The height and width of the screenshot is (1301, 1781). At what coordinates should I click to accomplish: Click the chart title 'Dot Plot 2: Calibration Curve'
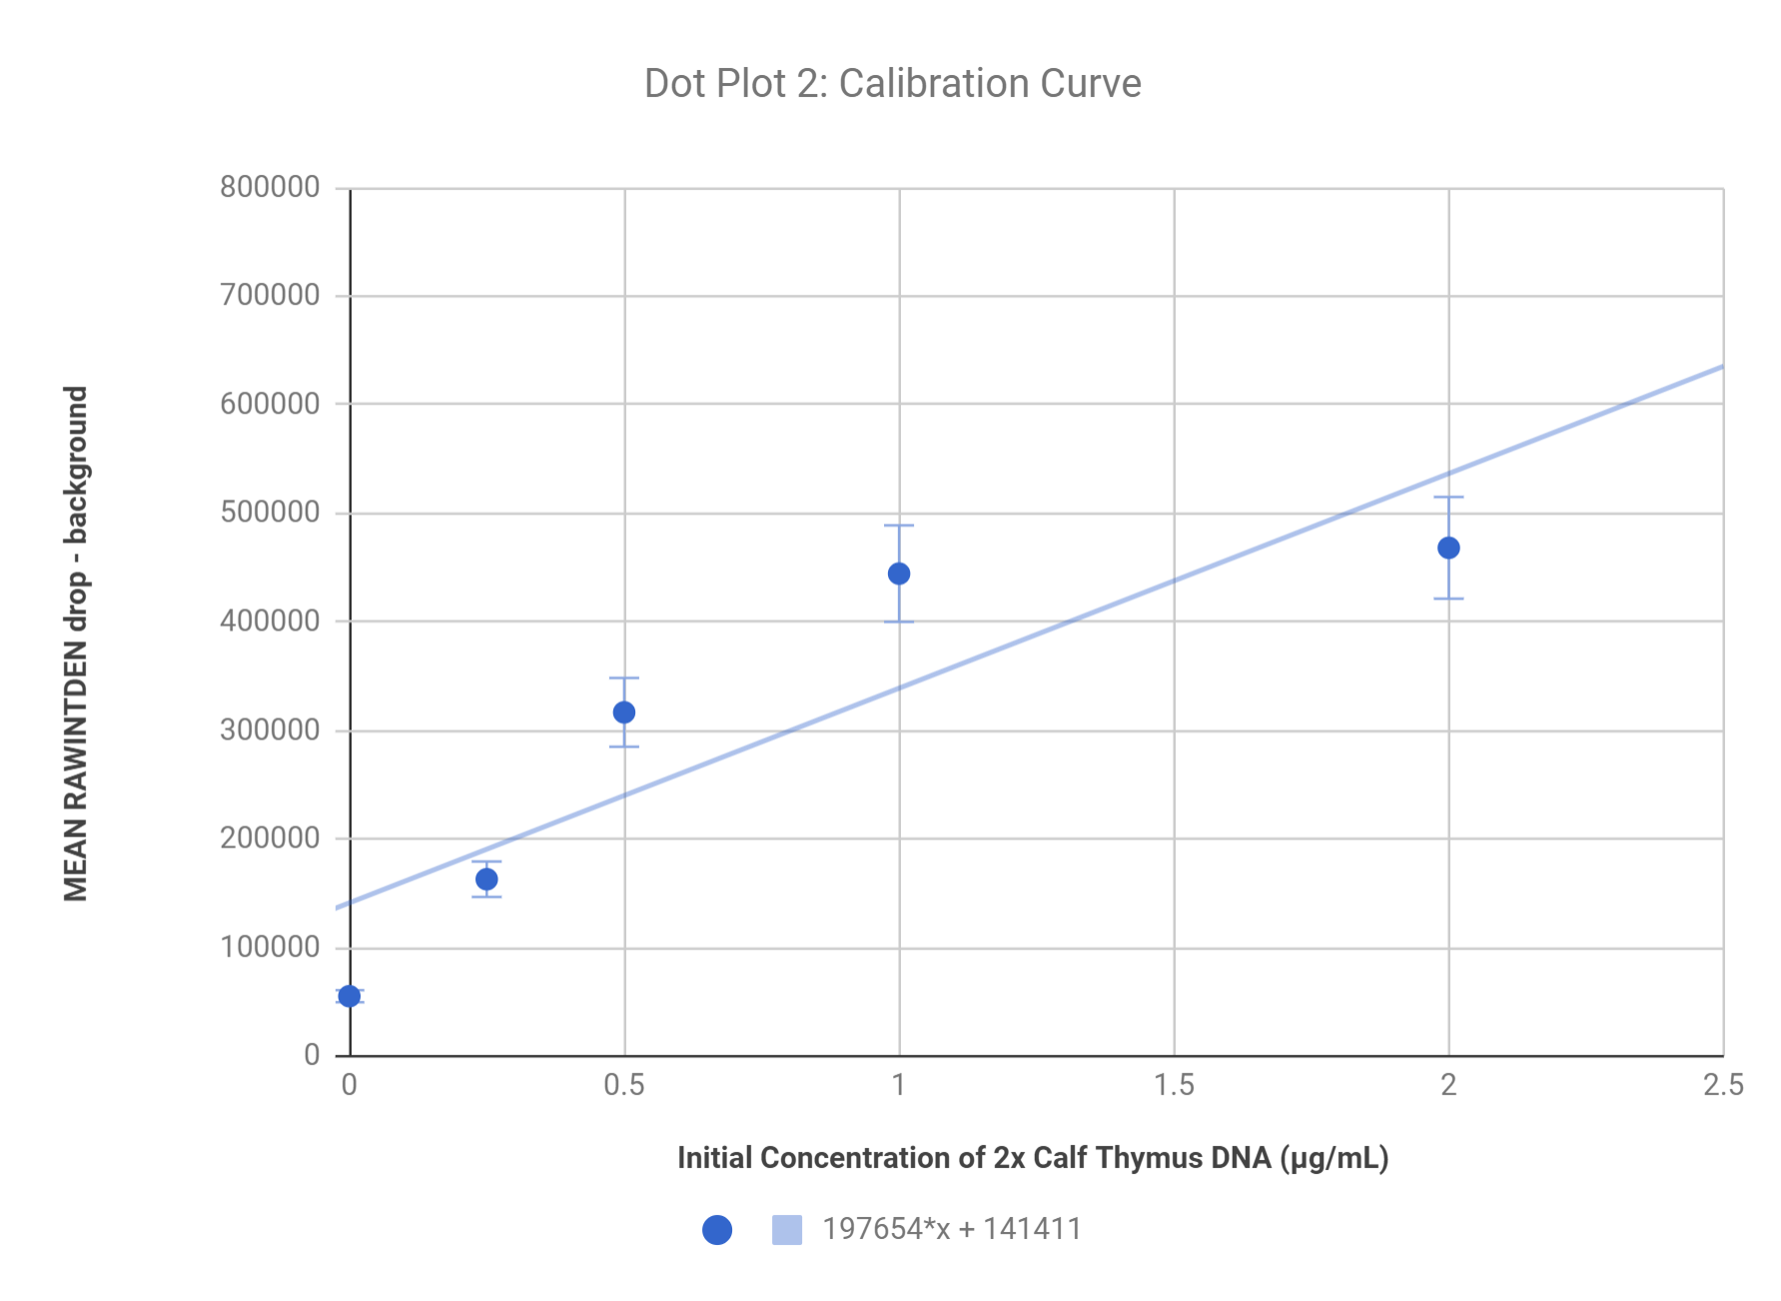892,84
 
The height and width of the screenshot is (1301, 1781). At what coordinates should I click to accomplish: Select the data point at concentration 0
349,996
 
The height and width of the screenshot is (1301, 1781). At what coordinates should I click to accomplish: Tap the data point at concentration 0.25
486,879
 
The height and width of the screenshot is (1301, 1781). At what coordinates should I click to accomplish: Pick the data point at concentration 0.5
624,712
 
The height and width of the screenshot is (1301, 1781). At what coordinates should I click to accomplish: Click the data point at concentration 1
899,574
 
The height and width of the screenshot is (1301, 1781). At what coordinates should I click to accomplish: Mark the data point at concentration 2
1448,548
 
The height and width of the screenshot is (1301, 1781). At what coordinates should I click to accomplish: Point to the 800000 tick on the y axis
270,187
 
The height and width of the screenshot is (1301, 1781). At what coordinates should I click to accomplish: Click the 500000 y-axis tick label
270,513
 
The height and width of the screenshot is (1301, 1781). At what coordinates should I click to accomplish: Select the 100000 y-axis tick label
270,947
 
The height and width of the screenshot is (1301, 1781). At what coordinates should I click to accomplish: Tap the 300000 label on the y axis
270,729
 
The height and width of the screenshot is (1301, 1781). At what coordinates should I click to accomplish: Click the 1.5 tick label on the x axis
1174,1085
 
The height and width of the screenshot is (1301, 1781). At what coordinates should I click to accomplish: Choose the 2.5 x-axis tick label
1723,1085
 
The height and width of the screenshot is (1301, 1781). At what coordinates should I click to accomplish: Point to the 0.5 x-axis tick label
624,1085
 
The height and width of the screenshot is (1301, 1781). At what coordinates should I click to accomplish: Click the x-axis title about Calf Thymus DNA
1033,1158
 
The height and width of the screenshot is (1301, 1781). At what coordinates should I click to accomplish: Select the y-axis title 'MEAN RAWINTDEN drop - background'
77,644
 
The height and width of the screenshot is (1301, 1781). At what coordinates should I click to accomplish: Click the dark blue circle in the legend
717,1230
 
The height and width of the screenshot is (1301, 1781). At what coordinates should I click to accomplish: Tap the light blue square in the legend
787,1230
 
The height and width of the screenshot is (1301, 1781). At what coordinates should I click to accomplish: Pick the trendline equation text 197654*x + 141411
952,1229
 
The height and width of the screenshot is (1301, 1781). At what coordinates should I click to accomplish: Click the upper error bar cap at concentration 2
1448,498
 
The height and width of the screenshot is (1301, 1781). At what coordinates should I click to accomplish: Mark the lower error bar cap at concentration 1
899,623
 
